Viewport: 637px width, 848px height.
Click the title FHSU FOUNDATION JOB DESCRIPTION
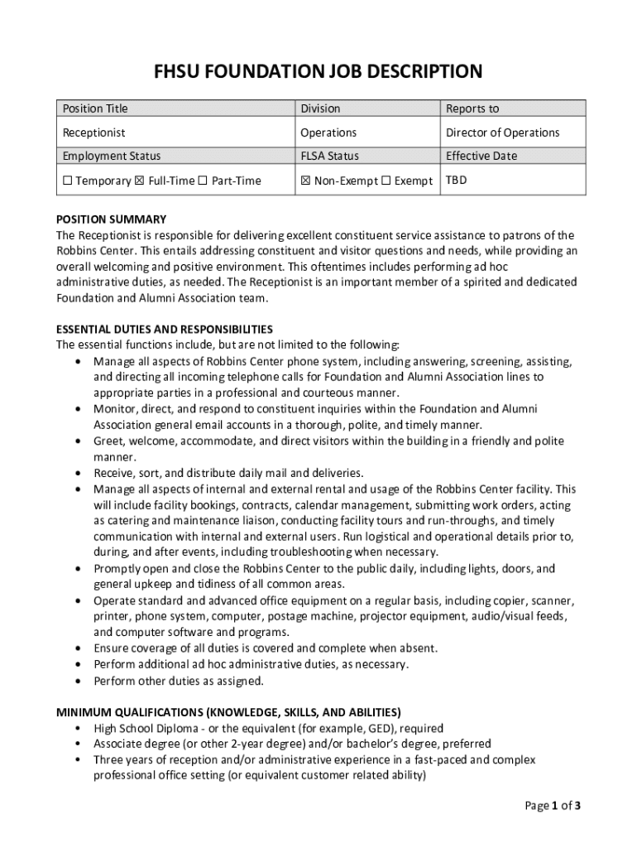pos(318,72)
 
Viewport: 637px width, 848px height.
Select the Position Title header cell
pos(95,108)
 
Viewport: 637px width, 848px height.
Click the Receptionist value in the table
pos(94,132)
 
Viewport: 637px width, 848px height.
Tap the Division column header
pos(320,108)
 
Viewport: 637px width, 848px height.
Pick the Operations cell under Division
pos(328,132)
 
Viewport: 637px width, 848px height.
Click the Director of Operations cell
pos(502,132)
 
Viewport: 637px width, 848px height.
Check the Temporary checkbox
pos(68,181)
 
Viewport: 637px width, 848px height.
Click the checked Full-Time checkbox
pos(139,181)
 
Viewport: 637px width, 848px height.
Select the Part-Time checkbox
pos(203,181)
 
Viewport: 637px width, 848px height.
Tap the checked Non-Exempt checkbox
pos(305,181)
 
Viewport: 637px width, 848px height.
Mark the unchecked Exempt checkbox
pos(386,181)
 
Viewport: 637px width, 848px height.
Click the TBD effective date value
pos(456,179)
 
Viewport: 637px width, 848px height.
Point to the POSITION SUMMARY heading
pos(111,219)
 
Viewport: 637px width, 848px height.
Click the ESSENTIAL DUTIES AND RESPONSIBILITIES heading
pos(164,329)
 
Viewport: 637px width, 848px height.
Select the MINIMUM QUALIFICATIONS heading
pos(228,711)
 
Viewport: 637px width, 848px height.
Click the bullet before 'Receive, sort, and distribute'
pos(77,473)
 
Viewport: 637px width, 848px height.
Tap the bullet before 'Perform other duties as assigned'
pos(77,681)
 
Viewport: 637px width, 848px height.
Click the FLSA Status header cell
pos(329,156)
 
